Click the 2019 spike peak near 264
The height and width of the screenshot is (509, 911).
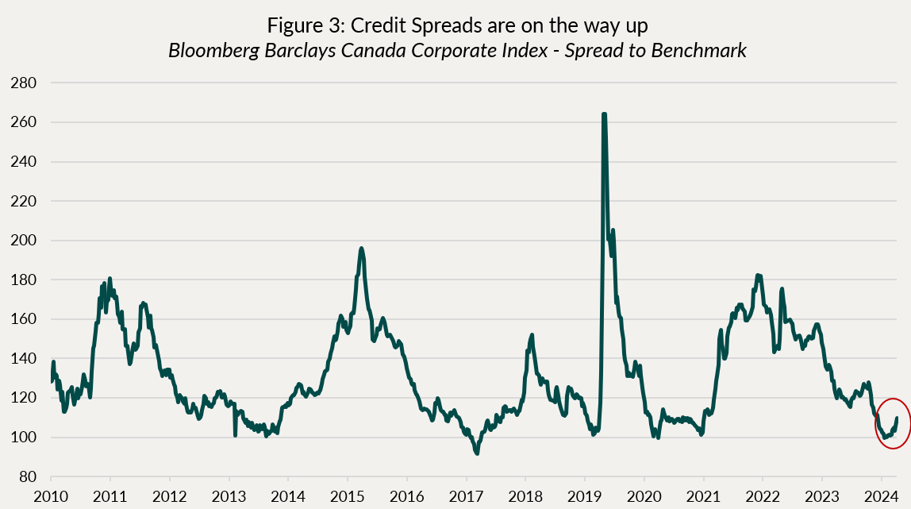(605, 114)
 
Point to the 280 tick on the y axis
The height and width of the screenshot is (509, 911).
(29, 83)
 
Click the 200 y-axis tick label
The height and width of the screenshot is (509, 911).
(29, 240)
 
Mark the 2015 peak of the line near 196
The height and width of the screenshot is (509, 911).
(361, 248)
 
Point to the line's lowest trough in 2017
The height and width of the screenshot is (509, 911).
(476, 453)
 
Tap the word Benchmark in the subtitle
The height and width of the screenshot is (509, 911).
(703, 51)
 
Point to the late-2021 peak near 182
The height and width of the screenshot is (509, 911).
(758, 276)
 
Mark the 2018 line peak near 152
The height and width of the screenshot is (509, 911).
(531, 335)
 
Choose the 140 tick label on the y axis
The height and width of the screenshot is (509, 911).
(29, 358)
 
